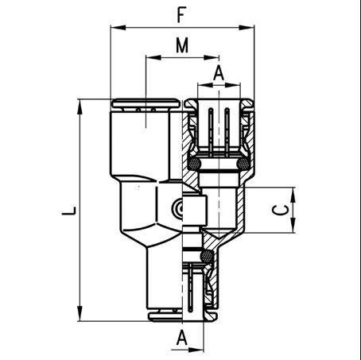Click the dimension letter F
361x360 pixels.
point(181,15)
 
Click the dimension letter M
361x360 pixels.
point(182,45)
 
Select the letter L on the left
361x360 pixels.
point(69,211)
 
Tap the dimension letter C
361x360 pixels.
point(281,211)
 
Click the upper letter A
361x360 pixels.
point(219,73)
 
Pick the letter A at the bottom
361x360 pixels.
point(182,338)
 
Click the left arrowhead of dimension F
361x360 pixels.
point(118,27)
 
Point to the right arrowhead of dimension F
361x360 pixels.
point(246,27)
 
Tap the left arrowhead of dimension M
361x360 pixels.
point(153,57)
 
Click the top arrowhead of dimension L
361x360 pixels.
point(80,107)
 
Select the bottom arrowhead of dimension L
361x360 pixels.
point(80,313)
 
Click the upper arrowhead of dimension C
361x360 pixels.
point(293,195)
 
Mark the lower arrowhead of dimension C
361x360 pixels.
point(293,225)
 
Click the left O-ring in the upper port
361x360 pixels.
point(194,164)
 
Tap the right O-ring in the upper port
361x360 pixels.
point(243,164)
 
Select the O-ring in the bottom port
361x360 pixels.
point(207,256)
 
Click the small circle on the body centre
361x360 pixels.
point(178,209)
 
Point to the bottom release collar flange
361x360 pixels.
point(183,316)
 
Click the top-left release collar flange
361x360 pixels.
point(145,103)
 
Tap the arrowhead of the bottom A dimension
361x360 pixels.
point(196,350)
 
